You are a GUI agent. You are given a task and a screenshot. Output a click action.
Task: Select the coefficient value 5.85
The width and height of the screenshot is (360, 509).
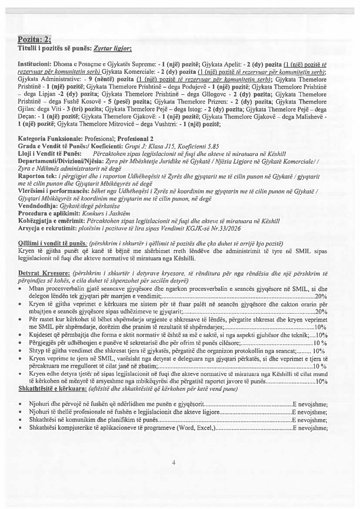tap(212, 147)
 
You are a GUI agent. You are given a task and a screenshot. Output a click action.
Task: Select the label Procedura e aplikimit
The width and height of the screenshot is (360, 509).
tap(48, 214)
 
